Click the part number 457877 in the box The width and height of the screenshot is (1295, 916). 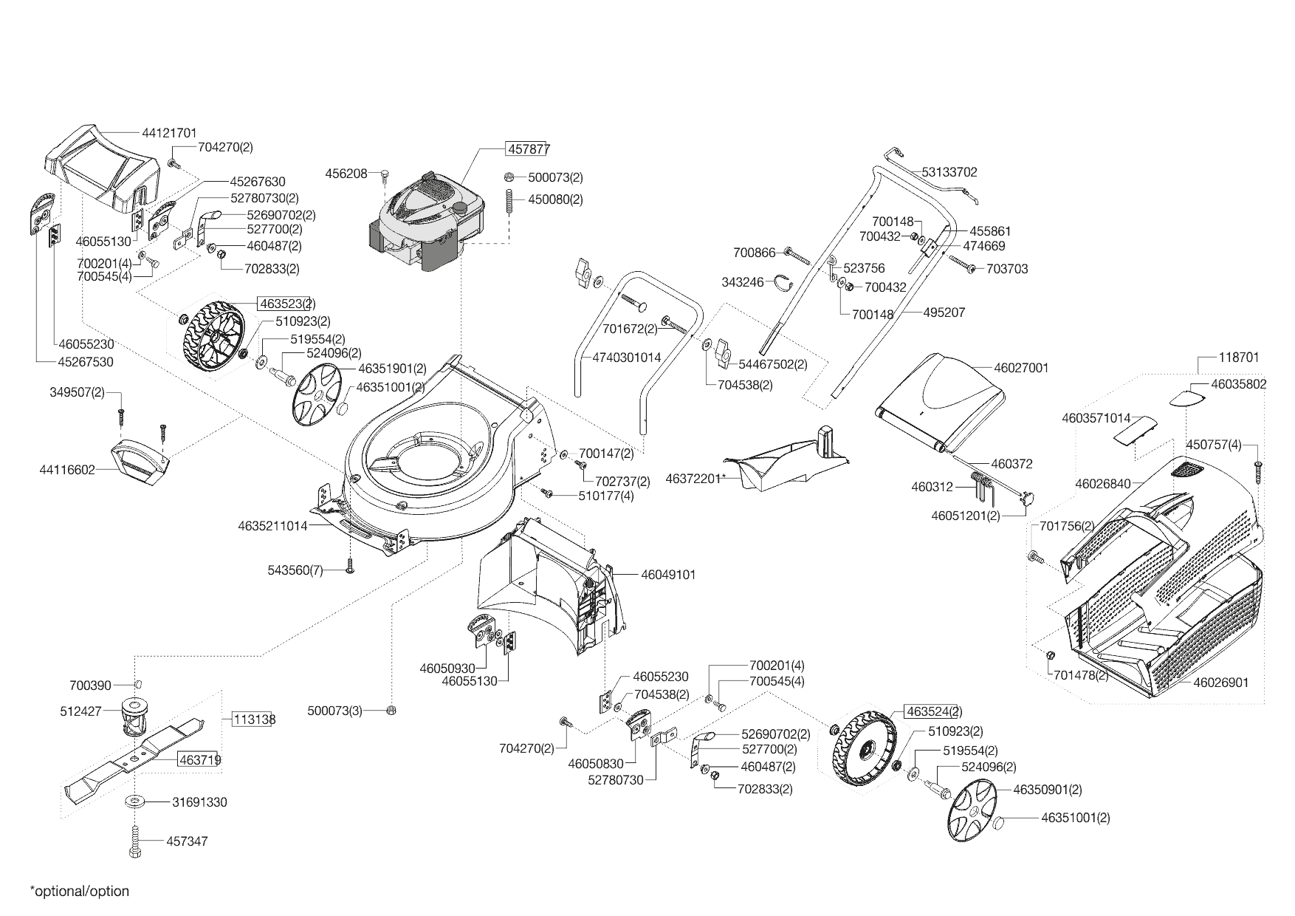(528, 148)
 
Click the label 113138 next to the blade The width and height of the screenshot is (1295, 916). (254, 720)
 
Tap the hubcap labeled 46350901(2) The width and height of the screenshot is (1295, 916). (972, 812)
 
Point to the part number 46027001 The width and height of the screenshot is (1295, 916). (1021, 368)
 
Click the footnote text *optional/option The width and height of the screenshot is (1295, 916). (79, 892)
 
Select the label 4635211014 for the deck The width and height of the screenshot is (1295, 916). (272, 526)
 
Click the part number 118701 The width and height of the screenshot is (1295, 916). (1238, 357)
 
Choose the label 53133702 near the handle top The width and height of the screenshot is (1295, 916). (949, 172)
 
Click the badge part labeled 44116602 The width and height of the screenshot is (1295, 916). (140, 464)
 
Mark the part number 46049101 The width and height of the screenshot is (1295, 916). (667, 574)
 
